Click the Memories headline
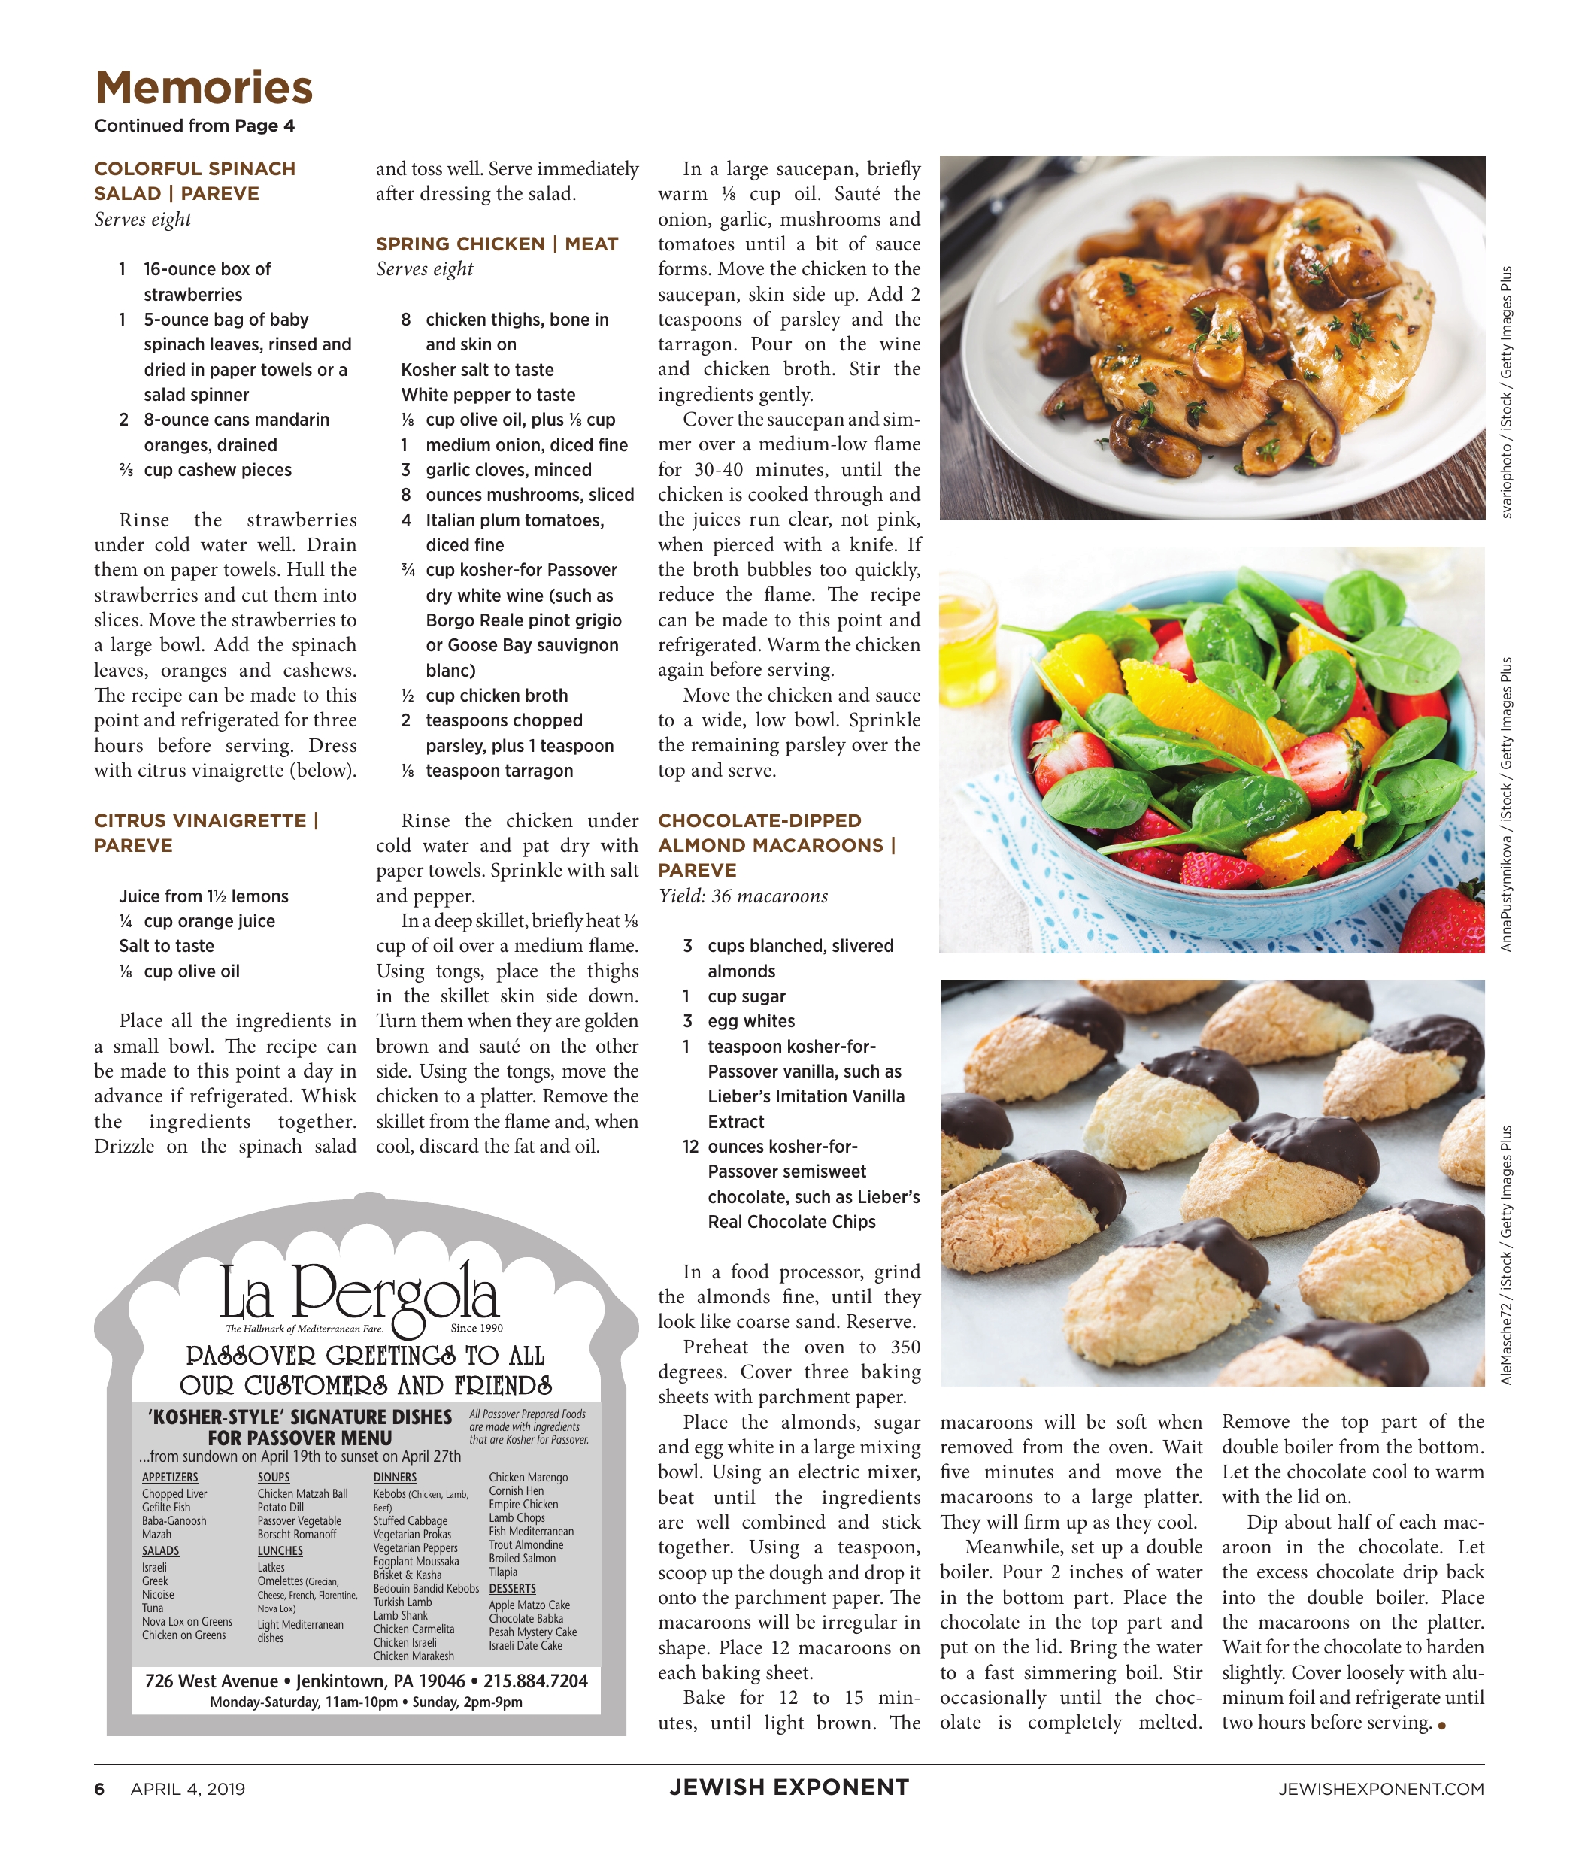tap(203, 88)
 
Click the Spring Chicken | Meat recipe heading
tap(497, 244)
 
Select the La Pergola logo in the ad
tap(358, 1292)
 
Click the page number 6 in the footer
tap(99, 1789)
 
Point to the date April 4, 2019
tap(188, 1789)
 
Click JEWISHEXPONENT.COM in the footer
tap(1380, 1789)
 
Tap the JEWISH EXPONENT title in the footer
tap(789, 1787)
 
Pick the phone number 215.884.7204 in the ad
tap(535, 1681)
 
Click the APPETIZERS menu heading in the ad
tap(170, 1477)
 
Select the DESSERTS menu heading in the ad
tap(512, 1588)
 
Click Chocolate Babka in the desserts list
tap(526, 1618)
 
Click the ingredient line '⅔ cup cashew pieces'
tap(205, 470)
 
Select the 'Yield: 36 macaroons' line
tap(743, 896)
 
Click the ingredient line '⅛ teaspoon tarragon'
tap(487, 771)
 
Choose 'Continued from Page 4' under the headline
tap(194, 126)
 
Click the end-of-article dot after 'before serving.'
tap(1441, 1725)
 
